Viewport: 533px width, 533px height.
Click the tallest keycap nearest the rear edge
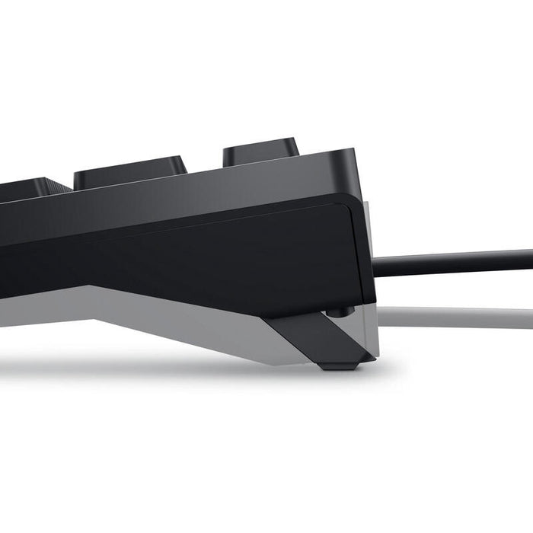click(x=259, y=150)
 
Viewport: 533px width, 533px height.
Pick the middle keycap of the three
click(x=129, y=171)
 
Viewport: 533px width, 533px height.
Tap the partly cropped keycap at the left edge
click(x=23, y=189)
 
